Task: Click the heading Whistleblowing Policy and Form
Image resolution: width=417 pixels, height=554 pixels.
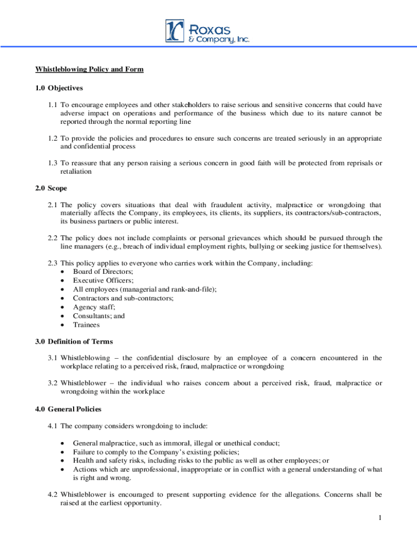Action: tap(89, 69)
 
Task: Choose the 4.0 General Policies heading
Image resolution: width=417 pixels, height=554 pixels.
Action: tap(68, 409)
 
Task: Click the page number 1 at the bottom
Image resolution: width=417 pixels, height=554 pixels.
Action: tap(380, 518)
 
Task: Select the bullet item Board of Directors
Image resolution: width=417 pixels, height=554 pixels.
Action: tap(95, 272)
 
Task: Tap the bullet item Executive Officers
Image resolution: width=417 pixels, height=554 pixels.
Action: tap(95, 280)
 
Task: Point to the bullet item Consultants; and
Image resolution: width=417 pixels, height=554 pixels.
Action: tap(99, 316)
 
